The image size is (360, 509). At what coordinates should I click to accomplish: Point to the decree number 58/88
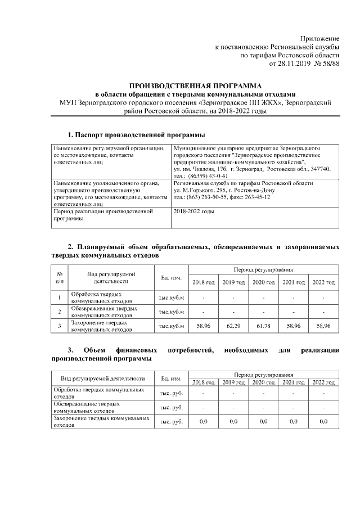coord(330,65)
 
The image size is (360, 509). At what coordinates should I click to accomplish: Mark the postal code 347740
coord(318,169)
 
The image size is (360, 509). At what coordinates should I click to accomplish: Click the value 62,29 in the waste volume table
coord(233,326)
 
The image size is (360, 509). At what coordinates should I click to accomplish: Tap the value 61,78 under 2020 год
coord(263,326)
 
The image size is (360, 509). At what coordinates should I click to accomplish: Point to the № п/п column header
coord(60,277)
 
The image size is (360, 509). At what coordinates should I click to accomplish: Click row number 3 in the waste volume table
coord(60,326)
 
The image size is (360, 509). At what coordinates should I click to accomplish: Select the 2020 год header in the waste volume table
coord(263,282)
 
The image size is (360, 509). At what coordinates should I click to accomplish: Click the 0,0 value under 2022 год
coord(323,421)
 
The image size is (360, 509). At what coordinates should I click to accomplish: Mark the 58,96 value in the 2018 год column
coord(203,326)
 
